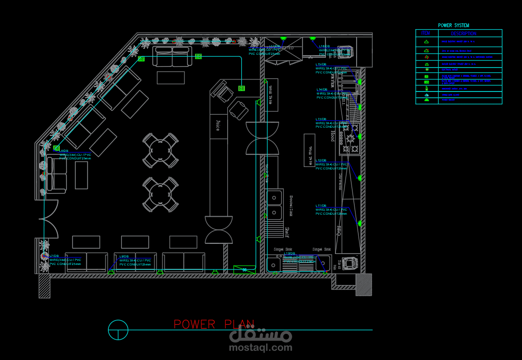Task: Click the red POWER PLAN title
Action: pyautogui.click(x=214, y=324)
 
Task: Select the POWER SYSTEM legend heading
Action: pyautogui.click(x=453, y=25)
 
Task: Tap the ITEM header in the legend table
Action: pyautogui.click(x=426, y=33)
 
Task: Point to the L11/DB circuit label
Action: pyautogui.click(x=321, y=206)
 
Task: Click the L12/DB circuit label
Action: pyautogui.click(x=321, y=160)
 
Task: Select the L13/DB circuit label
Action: pyautogui.click(x=321, y=119)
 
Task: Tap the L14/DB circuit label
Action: pyautogui.click(x=322, y=89)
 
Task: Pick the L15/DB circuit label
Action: pyautogui.click(x=321, y=64)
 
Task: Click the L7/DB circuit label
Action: pyautogui.click(x=54, y=256)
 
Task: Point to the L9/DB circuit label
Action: pyautogui.click(x=124, y=256)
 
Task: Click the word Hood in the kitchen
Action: pyautogui.click(x=332, y=136)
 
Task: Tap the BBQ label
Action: pyautogui.click(x=339, y=230)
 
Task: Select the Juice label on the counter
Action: pyautogui.click(x=218, y=125)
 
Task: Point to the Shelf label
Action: pyautogui.click(x=287, y=232)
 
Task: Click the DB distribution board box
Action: pyautogui.click(x=244, y=269)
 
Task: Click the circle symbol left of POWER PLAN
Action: pyautogui.click(x=118, y=330)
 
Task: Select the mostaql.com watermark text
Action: pyautogui.click(x=260, y=347)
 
